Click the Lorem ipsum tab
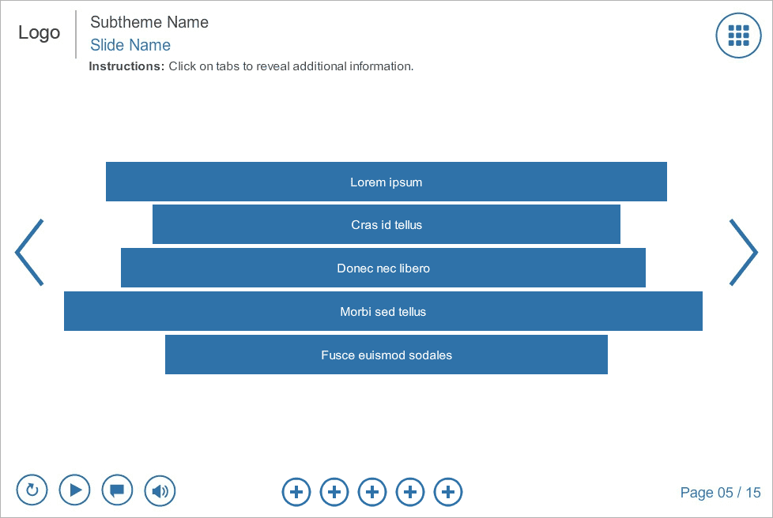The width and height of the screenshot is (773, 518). tap(386, 182)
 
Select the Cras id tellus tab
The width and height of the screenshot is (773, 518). tap(386, 224)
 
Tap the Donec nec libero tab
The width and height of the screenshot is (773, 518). tap(383, 268)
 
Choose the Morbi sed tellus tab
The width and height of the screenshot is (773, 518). tap(383, 311)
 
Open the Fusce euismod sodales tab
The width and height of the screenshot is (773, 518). tap(386, 355)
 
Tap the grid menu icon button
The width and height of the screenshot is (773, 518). tap(738, 36)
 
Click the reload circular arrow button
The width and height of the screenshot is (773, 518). tap(32, 490)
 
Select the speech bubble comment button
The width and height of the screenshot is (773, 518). tap(117, 490)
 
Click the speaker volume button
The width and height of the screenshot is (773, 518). tap(160, 491)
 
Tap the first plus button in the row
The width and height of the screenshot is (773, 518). tap(296, 492)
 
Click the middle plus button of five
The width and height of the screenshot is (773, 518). tap(372, 492)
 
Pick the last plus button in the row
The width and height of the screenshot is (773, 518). tap(448, 492)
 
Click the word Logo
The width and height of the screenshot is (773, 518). tap(39, 33)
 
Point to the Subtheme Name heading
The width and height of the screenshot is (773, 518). tap(149, 22)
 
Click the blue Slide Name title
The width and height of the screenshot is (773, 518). tap(130, 45)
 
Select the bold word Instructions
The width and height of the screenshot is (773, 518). tap(126, 66)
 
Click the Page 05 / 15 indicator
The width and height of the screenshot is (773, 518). tap(720, 493)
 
